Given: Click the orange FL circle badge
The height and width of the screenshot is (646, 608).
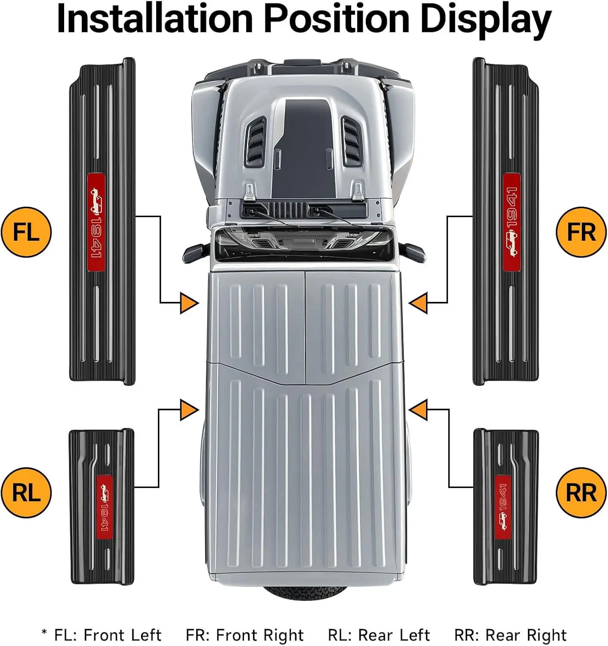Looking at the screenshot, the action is pos(26,232).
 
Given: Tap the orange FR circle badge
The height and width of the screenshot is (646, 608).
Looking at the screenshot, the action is pos(581,232).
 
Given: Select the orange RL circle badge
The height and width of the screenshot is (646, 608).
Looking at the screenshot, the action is pos(26,493).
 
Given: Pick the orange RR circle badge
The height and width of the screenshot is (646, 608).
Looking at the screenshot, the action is pos(581,493).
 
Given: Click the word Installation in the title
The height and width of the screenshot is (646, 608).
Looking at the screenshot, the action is pos(154,19).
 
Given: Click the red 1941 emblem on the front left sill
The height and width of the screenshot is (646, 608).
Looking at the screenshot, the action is pos(96,222).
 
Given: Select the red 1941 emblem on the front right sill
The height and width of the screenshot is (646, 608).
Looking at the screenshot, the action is pos(512,222).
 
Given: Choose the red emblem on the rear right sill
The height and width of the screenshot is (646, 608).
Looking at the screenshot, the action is pos(503,507).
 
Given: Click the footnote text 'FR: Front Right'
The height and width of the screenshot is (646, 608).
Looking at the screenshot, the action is pos(244,635).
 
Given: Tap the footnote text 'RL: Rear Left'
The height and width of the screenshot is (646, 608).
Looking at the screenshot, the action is pos(379,635).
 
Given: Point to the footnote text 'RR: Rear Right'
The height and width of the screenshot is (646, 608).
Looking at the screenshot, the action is pos(510,635).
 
